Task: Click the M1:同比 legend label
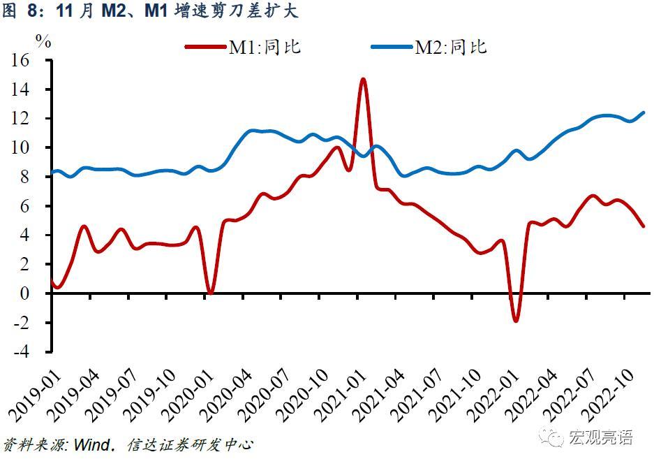click(x=265, y=48)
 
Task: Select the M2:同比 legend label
click(x=450, y=48)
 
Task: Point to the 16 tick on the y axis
click(x=20, y=61)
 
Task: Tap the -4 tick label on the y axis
click(x=21, y=351)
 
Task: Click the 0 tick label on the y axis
click(x=24, y=293)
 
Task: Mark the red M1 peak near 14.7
click(x=363, y=79)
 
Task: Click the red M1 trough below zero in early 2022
click(x=516, y=320)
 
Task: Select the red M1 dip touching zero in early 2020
click(x=210, y=292)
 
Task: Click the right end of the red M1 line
click(x=643, y=226)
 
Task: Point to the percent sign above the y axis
click(x=44, y=42)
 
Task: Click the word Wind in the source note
click(x=91, y=445)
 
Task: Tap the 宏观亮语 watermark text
click(x=601, y=437)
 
